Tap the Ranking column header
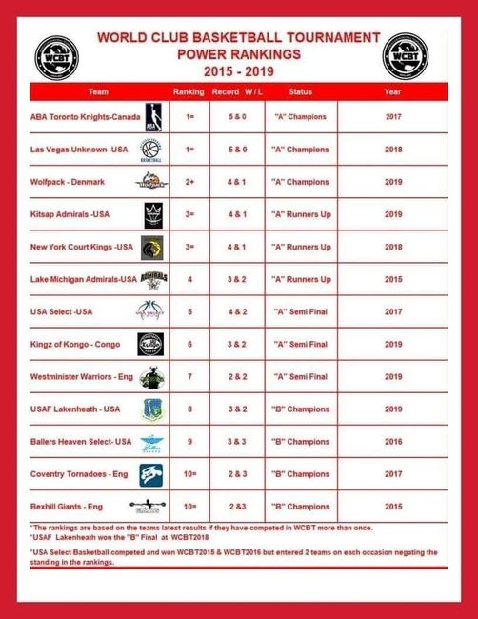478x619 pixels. (188, 92)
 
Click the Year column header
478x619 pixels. (392, 92)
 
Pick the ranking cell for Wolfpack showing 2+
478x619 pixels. (189, 181)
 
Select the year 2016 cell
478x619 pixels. (393, 442)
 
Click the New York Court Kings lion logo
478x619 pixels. (152, 247)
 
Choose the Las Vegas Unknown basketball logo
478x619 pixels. (150, 150)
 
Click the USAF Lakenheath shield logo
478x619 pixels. (151, 409)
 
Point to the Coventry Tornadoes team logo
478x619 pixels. (151, 474)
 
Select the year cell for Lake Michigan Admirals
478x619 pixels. (393, 279)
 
